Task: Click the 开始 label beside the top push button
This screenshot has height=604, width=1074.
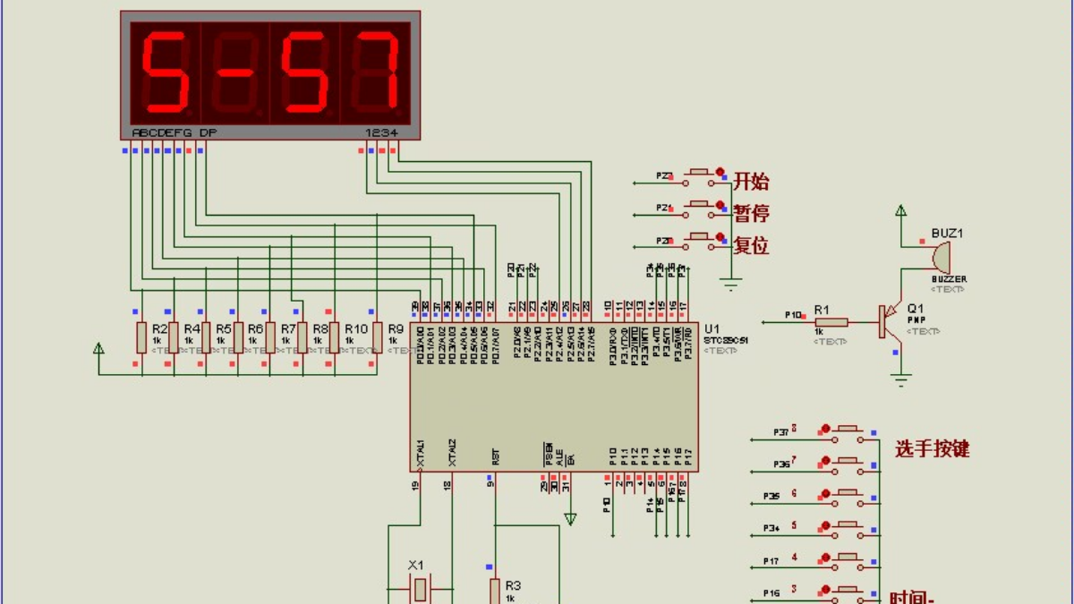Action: [x=751, y=182]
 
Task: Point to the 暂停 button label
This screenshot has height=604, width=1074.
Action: [x=751, y=213]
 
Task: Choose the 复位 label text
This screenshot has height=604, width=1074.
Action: [x=751, y=245]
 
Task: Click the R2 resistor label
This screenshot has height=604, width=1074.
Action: [x=159, y=329]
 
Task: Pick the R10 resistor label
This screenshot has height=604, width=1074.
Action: [x=355, y=329]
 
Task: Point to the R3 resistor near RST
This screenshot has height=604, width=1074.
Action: [x=494, y=591]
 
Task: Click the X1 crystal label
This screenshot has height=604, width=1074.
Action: [x=415, y=566]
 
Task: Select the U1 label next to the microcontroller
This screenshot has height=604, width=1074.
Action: [x=712, y=328]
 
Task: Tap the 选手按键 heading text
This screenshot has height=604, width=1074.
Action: [x=932, y=449]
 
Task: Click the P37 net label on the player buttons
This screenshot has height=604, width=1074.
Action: [x=781, y=433]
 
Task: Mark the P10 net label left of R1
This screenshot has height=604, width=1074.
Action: [x=792, y=315]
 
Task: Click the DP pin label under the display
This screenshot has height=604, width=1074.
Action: [x=207, y=133]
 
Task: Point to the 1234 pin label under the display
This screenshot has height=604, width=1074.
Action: [x=379, y=133]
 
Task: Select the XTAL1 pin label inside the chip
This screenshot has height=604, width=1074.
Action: [x=420, y=453]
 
